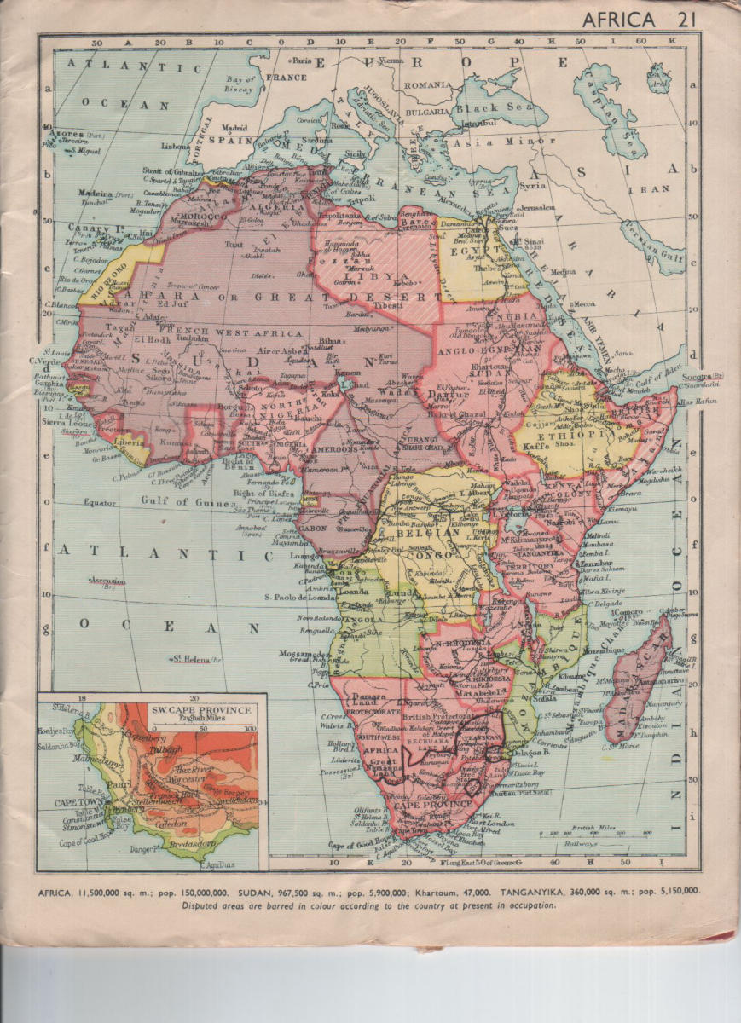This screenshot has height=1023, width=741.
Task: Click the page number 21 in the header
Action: coord(683,20)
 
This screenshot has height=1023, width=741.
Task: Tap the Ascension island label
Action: coord(107,581)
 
